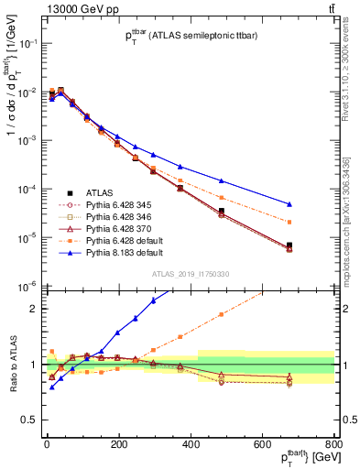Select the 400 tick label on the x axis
point(190,445)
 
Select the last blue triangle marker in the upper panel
point(315,204)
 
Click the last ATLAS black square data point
point(315,245)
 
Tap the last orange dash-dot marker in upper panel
point(315,222)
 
